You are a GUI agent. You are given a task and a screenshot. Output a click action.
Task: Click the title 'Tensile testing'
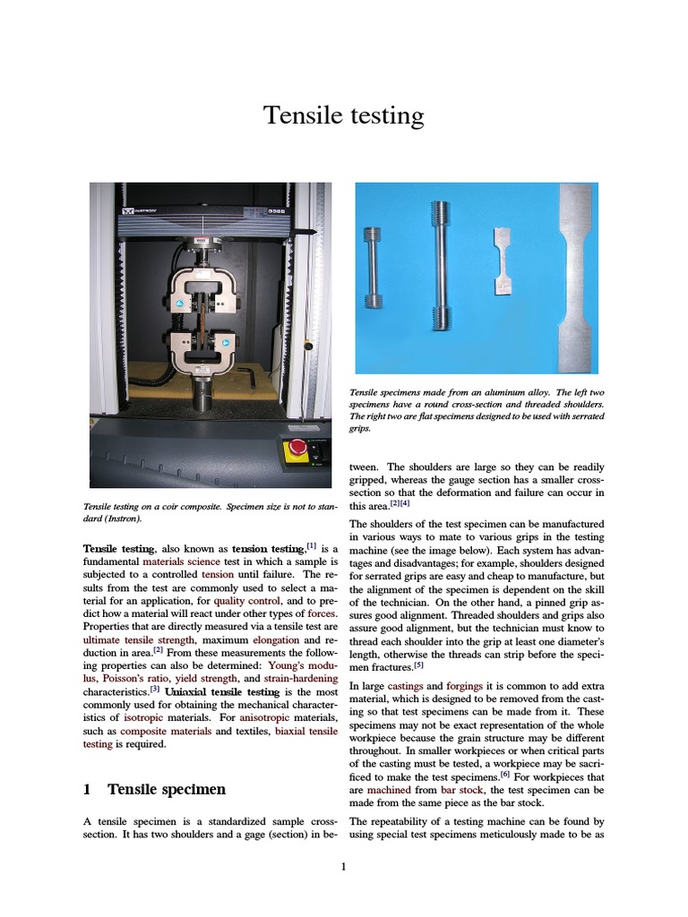pos(343,116)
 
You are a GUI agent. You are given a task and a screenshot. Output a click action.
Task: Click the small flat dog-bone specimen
pos(504,261)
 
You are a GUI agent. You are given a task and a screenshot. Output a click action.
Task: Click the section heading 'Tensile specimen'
pos(167,789)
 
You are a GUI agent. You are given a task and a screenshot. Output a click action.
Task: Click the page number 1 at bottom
pos(344,866)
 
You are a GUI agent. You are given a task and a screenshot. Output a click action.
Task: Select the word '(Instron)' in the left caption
pos(123,518)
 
